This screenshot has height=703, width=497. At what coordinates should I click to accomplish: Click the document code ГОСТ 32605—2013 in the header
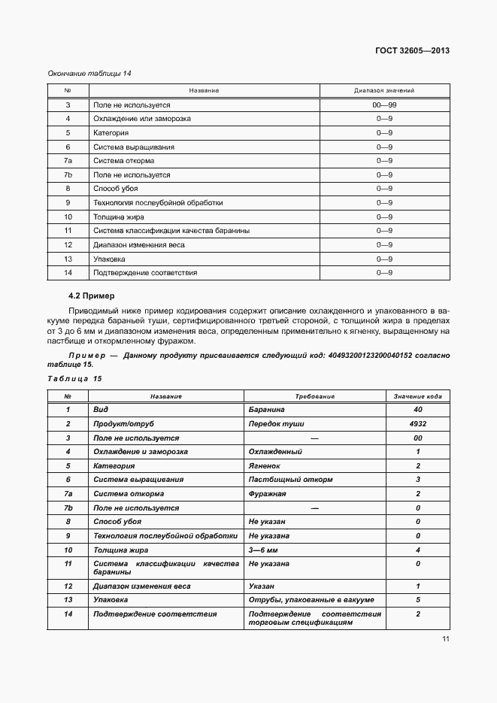tap(412, 50)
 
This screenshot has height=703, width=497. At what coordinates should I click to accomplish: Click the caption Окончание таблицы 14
tap(89, 73)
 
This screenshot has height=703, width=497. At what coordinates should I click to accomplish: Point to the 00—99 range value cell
tap(384, 105)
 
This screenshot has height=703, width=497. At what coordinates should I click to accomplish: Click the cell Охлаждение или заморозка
tap(142, 119)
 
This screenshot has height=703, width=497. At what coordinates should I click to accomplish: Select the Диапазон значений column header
tap(384, 90)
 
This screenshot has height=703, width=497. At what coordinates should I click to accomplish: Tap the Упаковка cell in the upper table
tap(110, 259)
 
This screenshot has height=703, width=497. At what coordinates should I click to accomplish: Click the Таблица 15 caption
tap(74, 378)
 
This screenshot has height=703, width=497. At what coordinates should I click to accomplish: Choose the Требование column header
tap(314, 395)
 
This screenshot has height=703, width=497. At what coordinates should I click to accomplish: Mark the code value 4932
tap(417, 423)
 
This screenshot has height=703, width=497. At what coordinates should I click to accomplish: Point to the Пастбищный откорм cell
tap(290, 480)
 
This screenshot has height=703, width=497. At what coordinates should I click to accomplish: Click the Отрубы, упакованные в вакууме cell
tap(311, 600)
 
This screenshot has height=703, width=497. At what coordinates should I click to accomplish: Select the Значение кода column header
tap(417, 395)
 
